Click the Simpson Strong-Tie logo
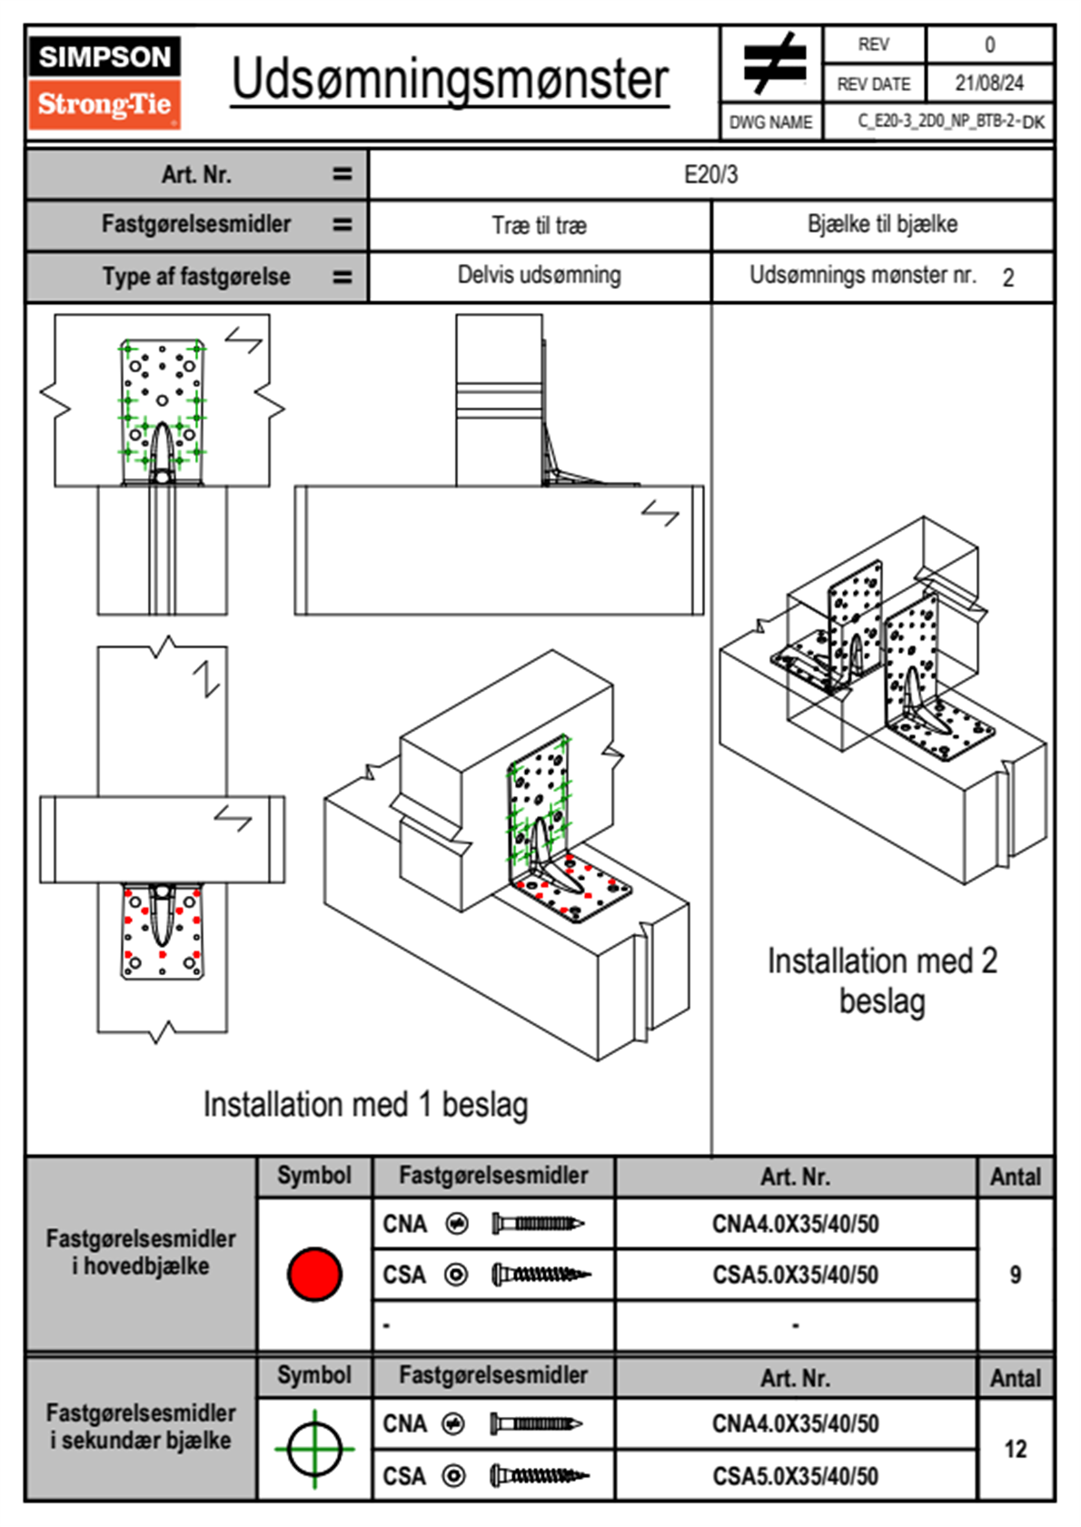(x=104, y=82)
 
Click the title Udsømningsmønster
(x=450, y=79)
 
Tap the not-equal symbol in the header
(x=773, y=64)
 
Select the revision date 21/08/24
(x=988, y=84)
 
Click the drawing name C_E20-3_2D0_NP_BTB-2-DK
(x=950, y=122)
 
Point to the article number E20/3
(x=710, y=174)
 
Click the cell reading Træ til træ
(x=539, y=225)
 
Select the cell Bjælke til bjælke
(x=882, y=224)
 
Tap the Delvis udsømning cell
(x=539, y=275)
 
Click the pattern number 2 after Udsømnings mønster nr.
(x=1007, y=278)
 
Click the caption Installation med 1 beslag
(x=365, y=1105)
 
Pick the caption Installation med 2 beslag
(x=882, y=980)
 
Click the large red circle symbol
(x=314, y=1274)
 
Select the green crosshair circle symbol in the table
(x=314, y=1449)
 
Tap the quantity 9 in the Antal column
(x=1015, y=1275)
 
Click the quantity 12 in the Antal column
(x=1015, y=1449)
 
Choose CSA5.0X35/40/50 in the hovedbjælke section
(x=795, y=1275)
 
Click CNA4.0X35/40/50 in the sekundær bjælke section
(x=795, y=1424)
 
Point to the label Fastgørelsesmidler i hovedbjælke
(x=141, y=1252)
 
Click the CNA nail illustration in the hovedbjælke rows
(x=538, y=1224)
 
